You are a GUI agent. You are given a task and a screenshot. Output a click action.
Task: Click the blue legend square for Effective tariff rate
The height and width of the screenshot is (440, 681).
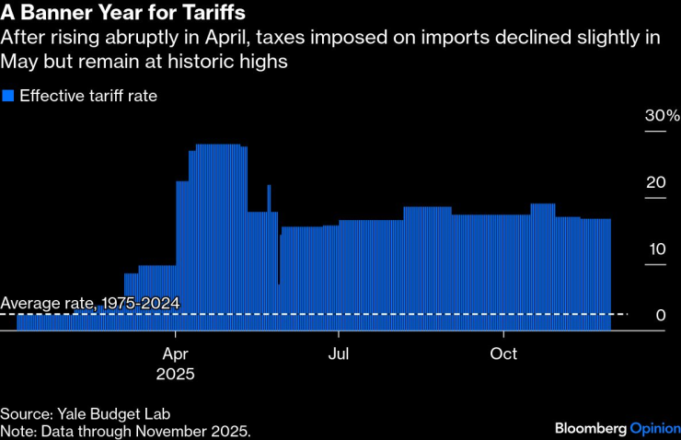(8, 96)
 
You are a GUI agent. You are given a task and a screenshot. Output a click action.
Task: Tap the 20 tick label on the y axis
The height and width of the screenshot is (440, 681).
(655, 182)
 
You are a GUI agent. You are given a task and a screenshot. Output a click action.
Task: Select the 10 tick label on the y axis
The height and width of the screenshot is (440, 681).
(655, 249)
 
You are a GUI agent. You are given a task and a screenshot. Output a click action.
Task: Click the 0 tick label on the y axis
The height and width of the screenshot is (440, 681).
(661, 316)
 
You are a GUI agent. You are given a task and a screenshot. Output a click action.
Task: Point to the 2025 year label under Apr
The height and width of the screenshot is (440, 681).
(177, 375)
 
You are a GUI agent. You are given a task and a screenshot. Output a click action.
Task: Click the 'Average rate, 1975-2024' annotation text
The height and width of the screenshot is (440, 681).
(90, 303)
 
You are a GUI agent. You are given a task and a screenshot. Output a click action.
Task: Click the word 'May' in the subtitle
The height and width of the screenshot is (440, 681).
(20, 62)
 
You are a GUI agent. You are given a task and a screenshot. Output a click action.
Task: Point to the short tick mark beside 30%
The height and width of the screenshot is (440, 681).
(654, 132)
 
